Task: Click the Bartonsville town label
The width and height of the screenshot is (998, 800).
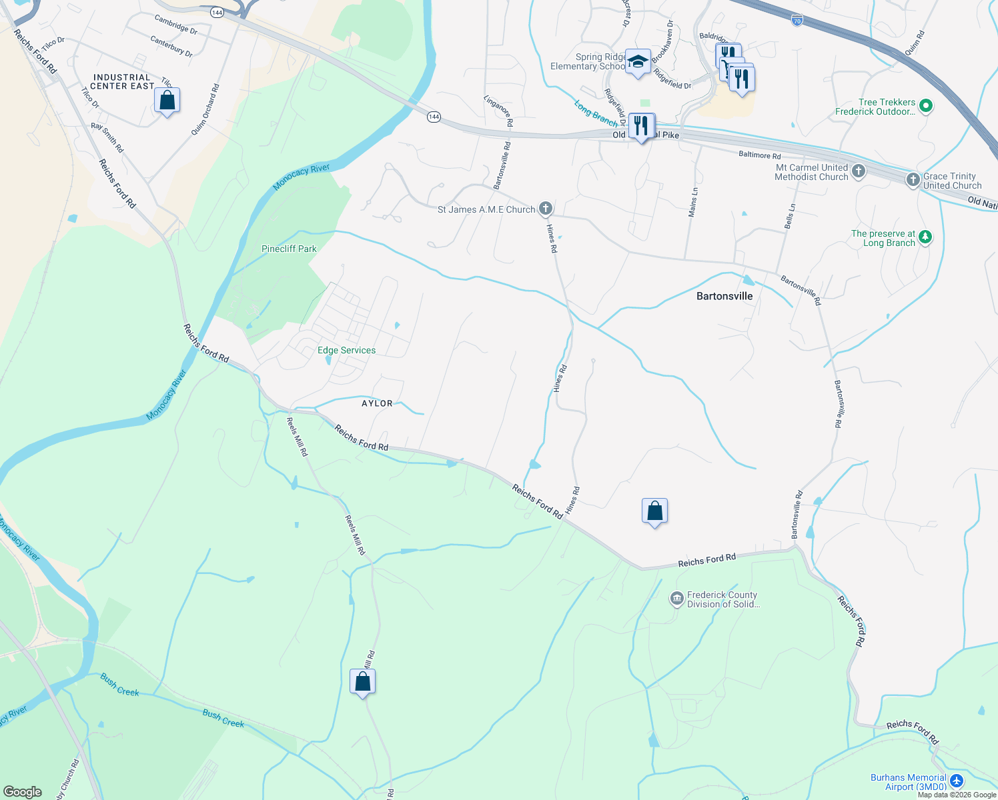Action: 724,296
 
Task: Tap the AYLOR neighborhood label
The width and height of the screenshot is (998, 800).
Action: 377,403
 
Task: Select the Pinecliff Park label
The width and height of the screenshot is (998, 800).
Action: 289,249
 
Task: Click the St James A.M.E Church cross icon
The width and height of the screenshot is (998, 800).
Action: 545,209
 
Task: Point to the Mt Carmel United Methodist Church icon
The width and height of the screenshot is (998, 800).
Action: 858,171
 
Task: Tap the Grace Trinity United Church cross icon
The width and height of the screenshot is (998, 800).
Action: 913,180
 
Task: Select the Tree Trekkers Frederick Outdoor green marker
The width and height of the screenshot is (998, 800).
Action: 925,105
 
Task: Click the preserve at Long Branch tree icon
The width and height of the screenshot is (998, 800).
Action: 925,237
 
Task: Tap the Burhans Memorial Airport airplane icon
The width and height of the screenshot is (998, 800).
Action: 957,781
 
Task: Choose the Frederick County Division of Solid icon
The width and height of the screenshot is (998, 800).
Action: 676,599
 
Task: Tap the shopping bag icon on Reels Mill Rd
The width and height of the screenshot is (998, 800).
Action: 362,682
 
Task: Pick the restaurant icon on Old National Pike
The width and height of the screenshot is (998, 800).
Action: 641,125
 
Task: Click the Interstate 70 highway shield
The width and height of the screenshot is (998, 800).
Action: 797,20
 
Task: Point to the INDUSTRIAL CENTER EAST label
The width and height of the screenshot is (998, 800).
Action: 123,81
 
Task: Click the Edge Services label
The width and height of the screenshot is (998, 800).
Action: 346,350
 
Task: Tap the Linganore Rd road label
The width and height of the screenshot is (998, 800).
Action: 498,111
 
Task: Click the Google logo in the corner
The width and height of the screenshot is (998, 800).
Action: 23,791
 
